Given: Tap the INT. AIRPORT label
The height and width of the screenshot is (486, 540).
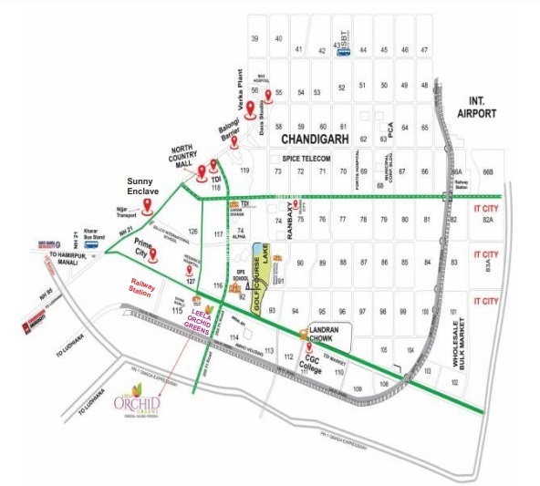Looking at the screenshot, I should pos(477,106).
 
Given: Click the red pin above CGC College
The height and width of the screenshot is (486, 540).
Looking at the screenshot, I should pos(308,347).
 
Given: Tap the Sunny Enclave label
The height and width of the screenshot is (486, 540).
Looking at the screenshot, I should pos(143,188).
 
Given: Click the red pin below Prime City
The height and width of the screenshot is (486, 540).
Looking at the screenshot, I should pos(154,255).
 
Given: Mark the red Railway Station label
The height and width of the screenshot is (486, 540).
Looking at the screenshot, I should pos(143,290).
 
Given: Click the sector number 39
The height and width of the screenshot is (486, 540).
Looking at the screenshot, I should pos(254,38).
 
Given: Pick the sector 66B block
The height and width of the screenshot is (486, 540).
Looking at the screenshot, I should pos(487,171).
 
